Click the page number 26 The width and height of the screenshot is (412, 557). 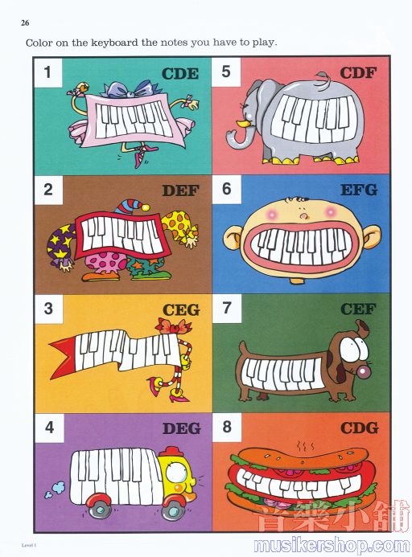(25, 23)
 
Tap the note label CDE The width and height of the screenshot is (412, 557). (180, 73)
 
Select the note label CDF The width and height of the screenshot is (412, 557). (358, 73)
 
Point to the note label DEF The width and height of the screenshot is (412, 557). (180, 190)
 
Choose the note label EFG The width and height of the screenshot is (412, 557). (359, 190)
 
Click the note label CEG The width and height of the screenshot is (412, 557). (181, 310)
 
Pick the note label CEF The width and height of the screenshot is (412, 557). (358, 309)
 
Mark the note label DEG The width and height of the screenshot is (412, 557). (182, 428)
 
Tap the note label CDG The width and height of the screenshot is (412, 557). (360, 428)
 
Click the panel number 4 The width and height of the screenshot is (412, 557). (49, 427)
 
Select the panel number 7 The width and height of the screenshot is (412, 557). (227, 308)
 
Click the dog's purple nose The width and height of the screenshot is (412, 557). (363, 372)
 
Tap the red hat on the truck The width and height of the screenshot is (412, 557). (170, 451)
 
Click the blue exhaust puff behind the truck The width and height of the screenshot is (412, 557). (55, 489)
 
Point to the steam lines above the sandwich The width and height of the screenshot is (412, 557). (304, 445)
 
